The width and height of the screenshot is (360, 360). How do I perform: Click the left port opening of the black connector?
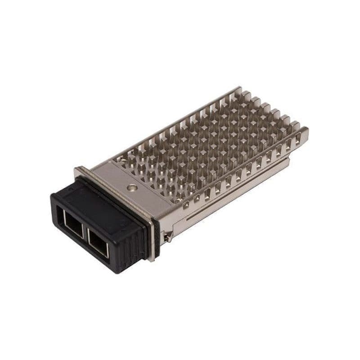tap(73, 224)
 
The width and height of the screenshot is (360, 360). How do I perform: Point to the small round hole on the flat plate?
tap(131, 186)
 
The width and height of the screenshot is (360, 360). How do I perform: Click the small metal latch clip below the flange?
tap(167, 236)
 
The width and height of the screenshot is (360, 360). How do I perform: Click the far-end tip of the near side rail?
tap(307, 131)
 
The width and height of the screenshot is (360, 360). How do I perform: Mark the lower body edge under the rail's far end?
tap(288, 160)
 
